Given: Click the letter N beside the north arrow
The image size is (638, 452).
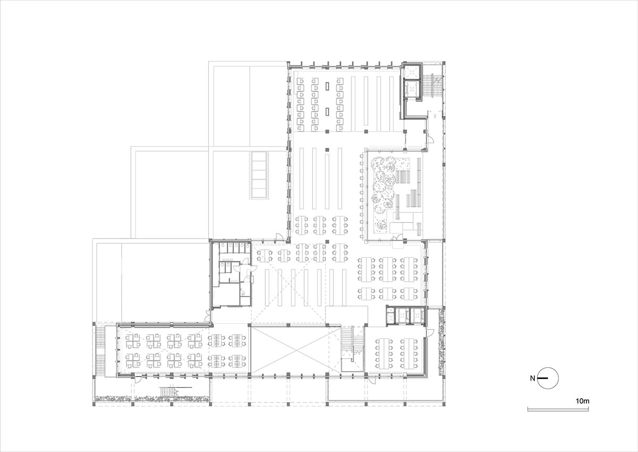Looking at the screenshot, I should coord(532,379).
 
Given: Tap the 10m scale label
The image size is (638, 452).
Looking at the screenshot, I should coord(583,400).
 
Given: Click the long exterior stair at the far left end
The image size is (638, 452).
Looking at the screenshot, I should coord(99,351).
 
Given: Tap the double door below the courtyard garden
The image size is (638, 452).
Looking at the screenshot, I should coord(398,245).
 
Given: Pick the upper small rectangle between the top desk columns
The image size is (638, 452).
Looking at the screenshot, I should coord(326,85).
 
